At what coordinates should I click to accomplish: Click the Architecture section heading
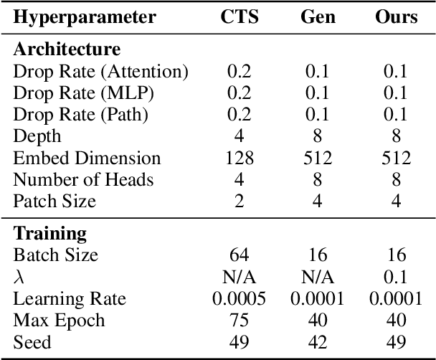pos(67,49)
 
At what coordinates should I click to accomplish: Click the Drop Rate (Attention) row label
pos(100,71)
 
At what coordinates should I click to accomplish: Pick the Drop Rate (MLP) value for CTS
pos(240,93)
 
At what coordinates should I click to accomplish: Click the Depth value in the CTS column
pos(240,136)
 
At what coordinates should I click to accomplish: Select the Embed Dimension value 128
pos(240,158)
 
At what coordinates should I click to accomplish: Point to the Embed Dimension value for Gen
pos(317,158)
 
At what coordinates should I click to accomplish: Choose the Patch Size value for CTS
pos(240,202)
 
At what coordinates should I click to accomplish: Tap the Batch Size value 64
pos(240,255)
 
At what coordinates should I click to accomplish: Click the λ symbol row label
pos(19,277)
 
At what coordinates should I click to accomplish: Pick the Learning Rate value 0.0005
pos(240,298)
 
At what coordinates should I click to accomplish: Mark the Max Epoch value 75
pos(240,320)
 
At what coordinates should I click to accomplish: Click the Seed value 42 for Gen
pos(317,342)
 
